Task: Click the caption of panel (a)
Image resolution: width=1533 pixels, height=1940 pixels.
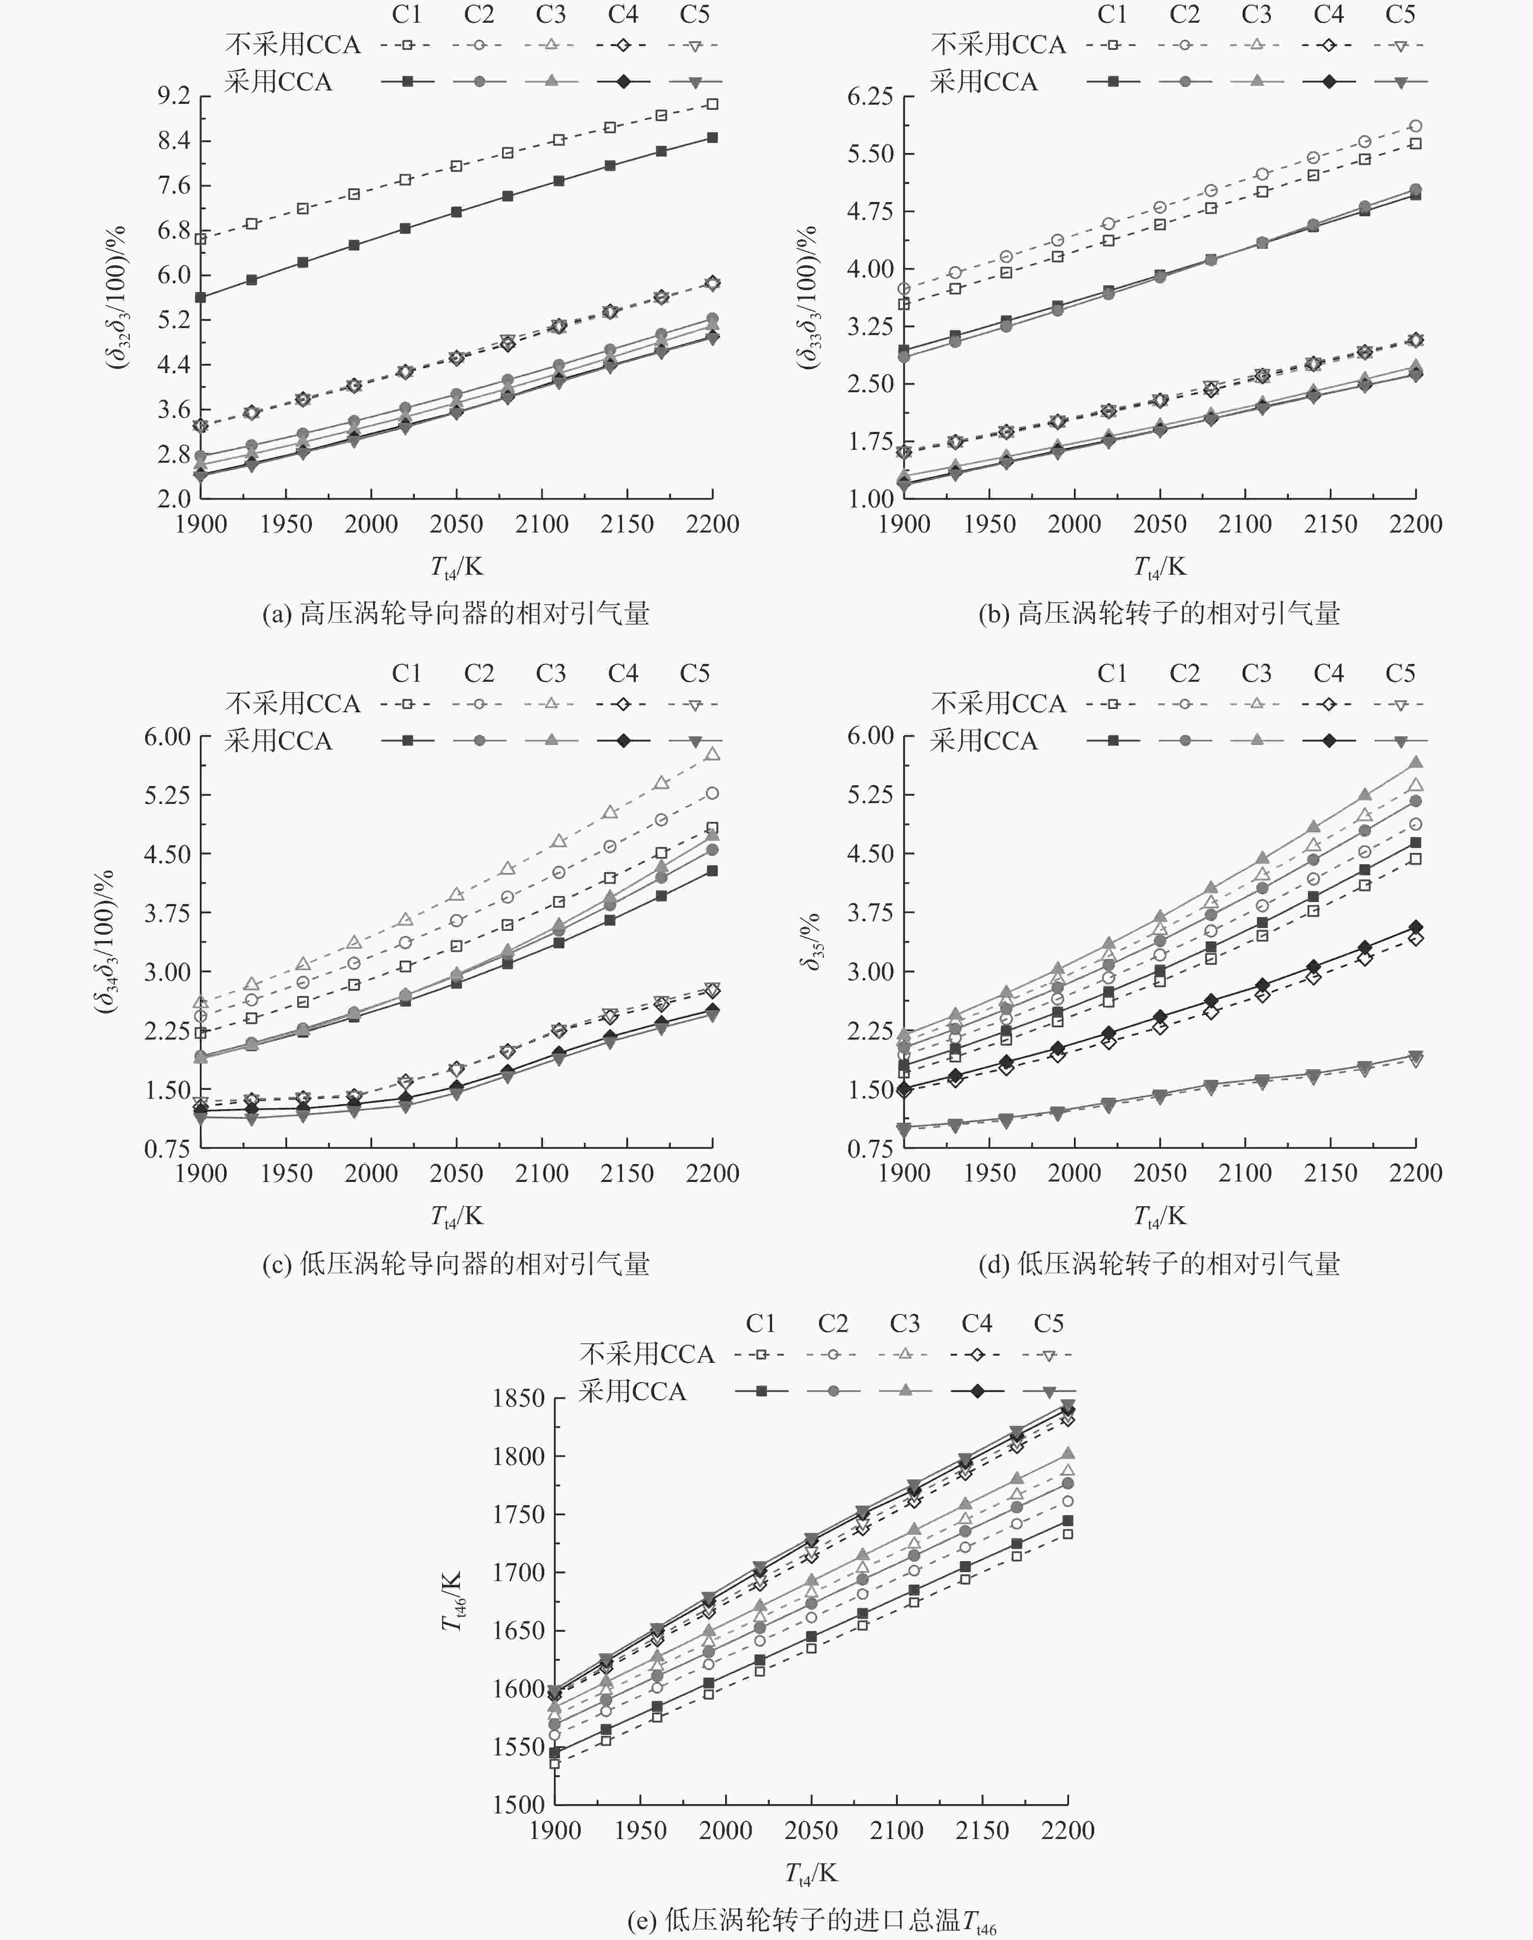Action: point(456,613)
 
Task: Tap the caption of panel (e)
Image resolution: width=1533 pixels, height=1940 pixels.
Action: point(812,1920)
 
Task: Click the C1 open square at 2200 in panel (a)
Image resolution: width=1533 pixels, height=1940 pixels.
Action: point(713,104)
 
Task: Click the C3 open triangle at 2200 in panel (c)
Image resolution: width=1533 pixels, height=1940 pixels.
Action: point(713,754)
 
